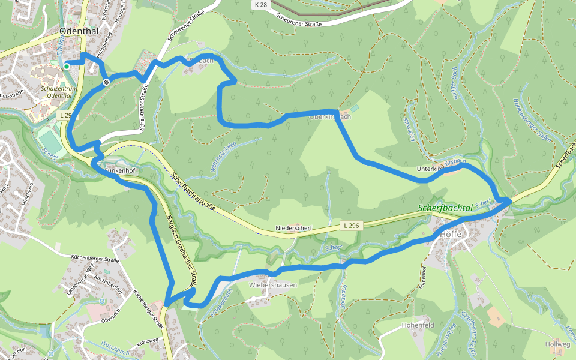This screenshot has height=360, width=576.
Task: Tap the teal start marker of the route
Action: coord(67,66)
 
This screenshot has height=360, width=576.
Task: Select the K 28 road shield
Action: coord(260,4)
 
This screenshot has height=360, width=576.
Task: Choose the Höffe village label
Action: coord(451,235)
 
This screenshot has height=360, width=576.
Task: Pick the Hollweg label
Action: coord(557,344)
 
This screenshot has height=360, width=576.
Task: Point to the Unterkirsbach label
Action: coord(440,170)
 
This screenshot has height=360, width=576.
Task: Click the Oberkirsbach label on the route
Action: coord(329,116)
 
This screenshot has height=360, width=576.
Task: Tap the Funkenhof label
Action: coord(121,171)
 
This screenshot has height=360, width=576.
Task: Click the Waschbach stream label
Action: coord(116,348)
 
